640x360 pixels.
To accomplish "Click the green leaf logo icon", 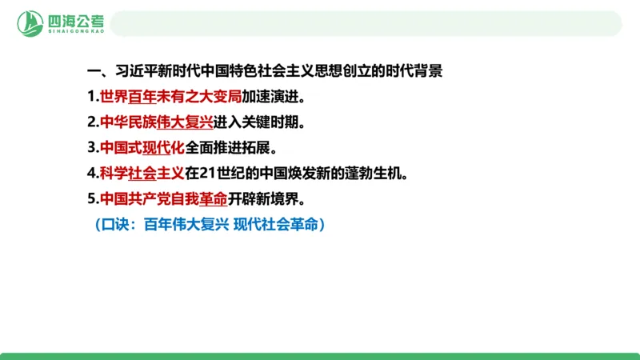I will pyautogui.click(x=30, y=22).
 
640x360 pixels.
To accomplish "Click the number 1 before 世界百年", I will pyautogui.click(x=92, y=98).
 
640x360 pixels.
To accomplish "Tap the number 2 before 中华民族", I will pyautogui.click(x=92, y=122).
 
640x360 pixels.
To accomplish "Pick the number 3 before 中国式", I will pyautogui.click(x=92, y=147).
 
